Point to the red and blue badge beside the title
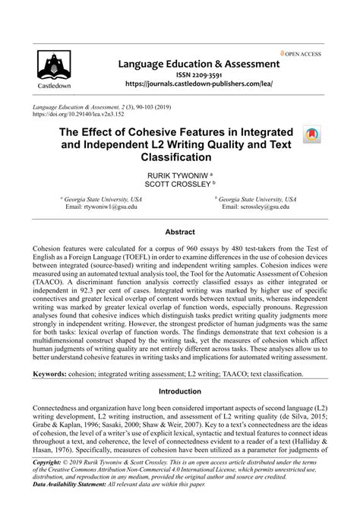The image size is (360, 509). pyautogui.click(x=311, y=135)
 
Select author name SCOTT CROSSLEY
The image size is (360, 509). pyautogui.click(x=177, y=184)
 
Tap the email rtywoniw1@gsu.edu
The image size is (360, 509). pyautogui.click(x=101, y=207)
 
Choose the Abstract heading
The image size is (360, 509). pyautogui.click(x=180, y=230)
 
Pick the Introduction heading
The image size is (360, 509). pyautogui.click(x=180, y=391)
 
